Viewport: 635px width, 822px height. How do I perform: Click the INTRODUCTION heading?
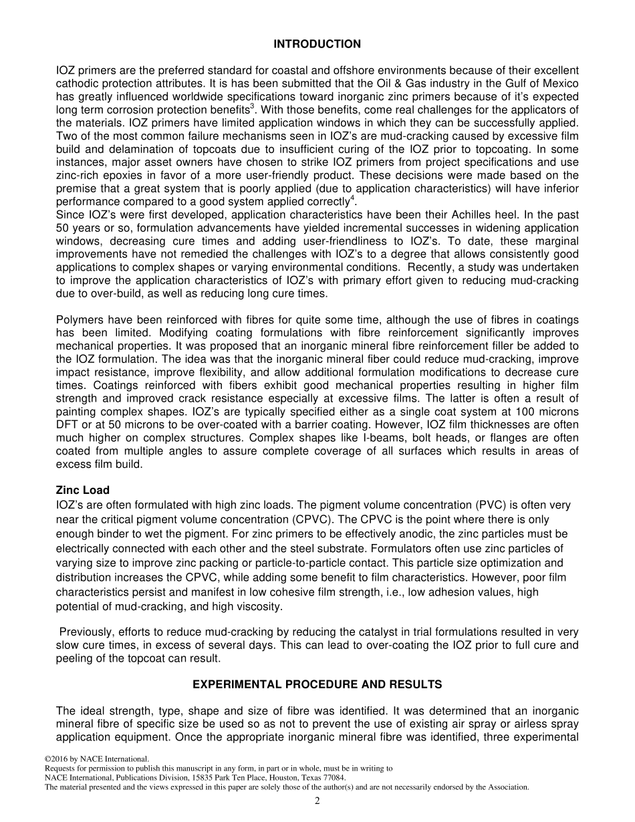(x=317, y=44)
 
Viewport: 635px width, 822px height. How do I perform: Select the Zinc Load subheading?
(x=83, y=491)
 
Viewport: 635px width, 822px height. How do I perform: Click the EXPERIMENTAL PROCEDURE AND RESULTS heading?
(x=317, y=684)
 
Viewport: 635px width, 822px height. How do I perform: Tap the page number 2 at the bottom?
(x=317, y=802)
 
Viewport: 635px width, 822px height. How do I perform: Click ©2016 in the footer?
(x=57, y=759)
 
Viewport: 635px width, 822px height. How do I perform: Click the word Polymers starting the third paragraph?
(x=79, y=320)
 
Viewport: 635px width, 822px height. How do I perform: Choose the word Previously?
(x=85, y=632)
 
